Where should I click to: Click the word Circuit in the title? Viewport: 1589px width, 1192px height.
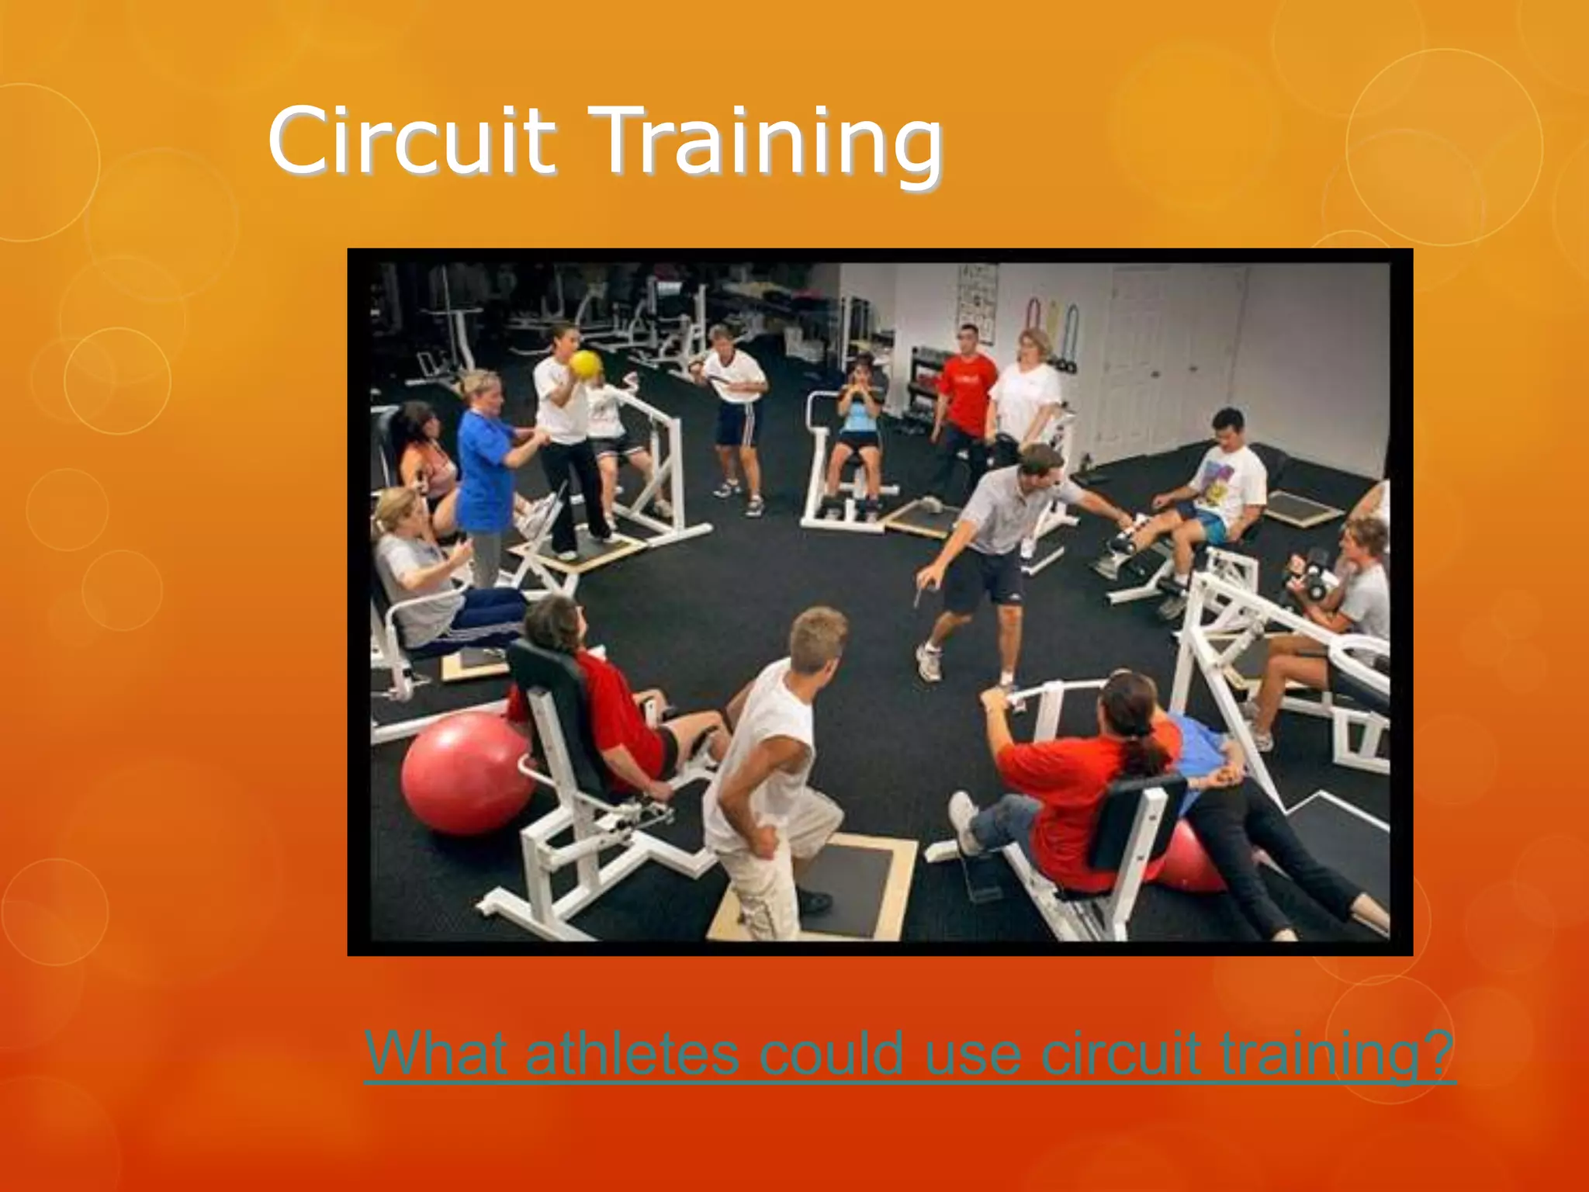[411, 142]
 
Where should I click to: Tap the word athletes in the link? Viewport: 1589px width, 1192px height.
[632, 1053]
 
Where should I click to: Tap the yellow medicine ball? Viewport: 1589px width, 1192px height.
[585, 365]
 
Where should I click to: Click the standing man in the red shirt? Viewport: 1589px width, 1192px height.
[966, 396]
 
